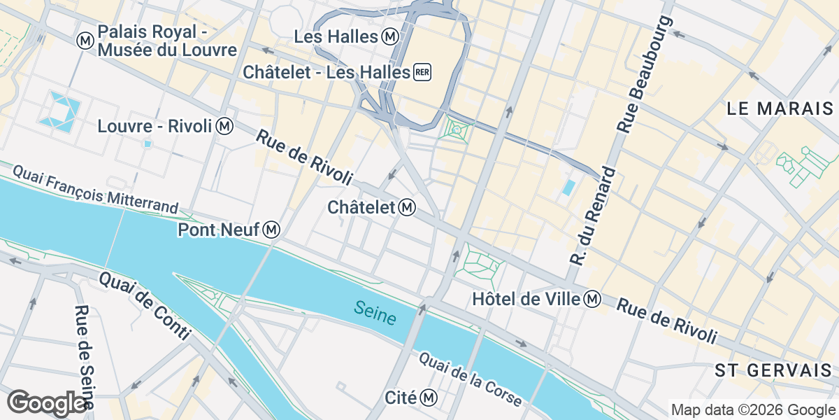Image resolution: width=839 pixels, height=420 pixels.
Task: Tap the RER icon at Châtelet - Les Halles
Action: [x=422, y=72]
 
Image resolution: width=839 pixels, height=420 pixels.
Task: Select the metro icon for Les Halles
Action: [x=390, y=36]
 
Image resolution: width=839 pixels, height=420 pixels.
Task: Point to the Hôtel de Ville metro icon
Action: [x=592, y=299]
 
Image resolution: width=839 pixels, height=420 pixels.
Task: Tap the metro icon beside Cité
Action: [x=429, y=398]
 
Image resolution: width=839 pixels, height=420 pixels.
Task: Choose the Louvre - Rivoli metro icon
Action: [x=224, y=127]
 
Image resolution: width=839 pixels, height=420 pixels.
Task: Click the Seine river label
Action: [x=375, y=313]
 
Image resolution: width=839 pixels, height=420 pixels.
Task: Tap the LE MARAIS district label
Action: [x=780, y=108]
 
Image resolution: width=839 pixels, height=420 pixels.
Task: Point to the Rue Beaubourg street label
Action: [x=645, y=73]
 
